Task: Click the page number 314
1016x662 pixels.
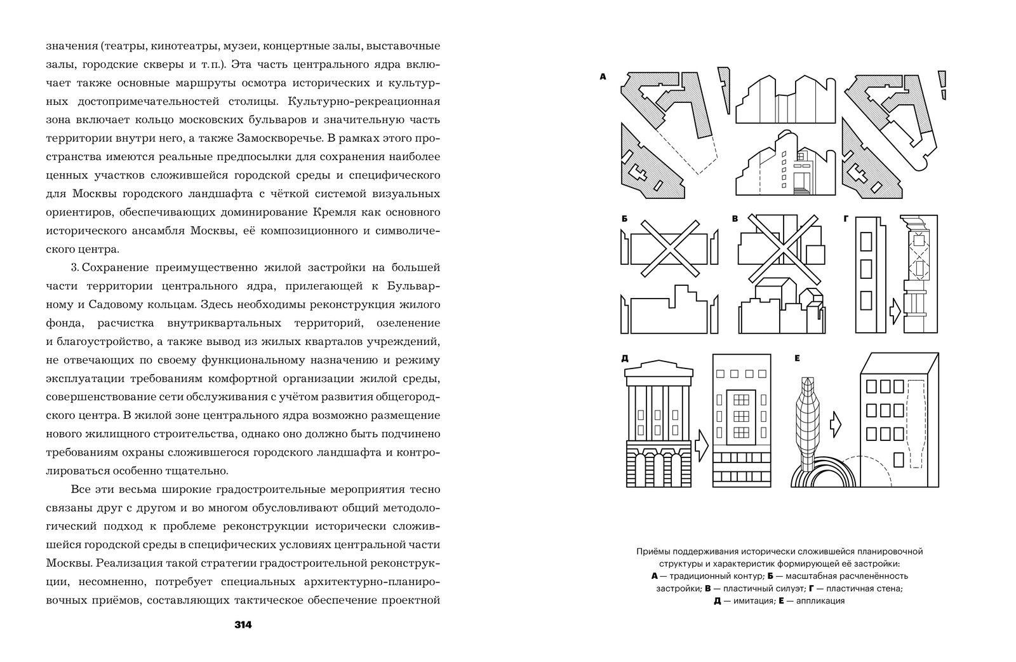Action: point(243,625)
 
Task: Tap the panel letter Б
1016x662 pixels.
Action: point(625,219)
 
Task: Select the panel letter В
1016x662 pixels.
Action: point(735,219)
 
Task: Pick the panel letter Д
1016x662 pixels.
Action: point(625,358)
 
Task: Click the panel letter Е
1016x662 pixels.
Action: point(797,358)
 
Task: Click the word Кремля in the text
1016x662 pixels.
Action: point(332,212)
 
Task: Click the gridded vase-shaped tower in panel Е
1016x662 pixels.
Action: point(808,426)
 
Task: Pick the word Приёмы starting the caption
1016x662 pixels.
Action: point(653,551)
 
